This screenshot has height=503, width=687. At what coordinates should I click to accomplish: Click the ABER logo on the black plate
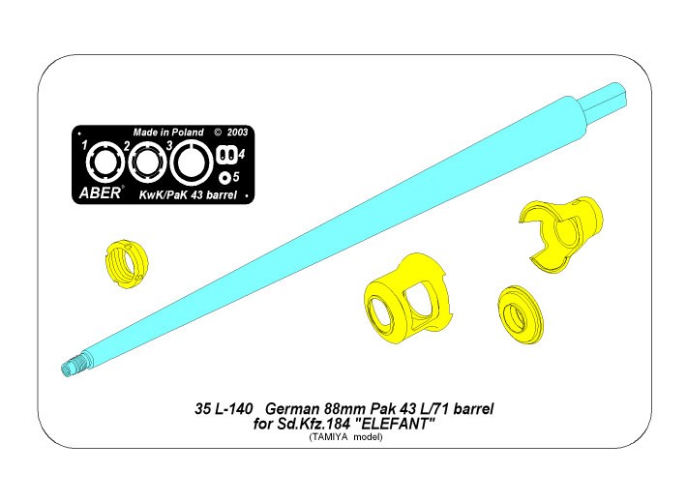point(100,192)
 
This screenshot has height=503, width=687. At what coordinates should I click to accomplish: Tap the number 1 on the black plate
point(84,145)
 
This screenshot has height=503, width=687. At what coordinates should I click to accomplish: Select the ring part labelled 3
point(192,163)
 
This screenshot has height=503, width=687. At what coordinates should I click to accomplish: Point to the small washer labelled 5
point(225,177)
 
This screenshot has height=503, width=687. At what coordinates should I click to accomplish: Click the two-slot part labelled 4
point(226,154)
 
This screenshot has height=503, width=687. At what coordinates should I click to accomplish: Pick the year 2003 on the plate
point(237,133)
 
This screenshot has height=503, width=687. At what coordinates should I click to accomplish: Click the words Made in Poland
point(168,133)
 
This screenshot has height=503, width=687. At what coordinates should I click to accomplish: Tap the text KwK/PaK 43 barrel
point(188,195)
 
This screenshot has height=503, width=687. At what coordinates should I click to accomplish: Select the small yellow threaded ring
point(127,265)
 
